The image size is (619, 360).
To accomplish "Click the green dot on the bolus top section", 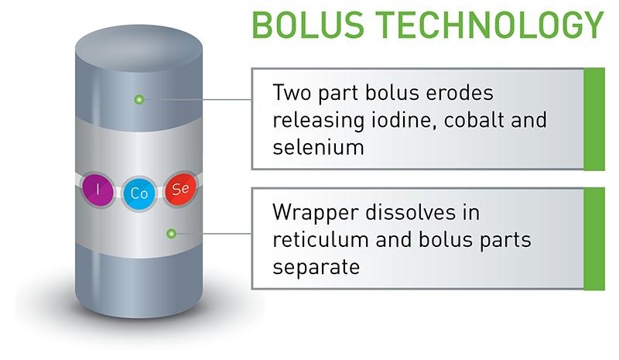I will [x=139, y=100].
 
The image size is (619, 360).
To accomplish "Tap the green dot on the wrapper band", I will [x=172, y=233].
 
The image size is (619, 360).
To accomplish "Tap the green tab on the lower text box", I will [x=593, y=239].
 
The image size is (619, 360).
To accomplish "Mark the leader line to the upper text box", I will [x=197, y=100].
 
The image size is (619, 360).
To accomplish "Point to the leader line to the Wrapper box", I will [x=213, y=233].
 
